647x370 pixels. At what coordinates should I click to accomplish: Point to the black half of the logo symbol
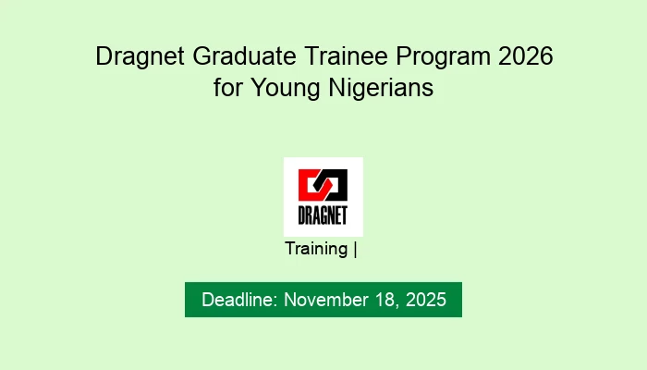coord(335,184)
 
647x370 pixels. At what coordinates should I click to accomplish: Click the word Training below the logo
coord(316,249)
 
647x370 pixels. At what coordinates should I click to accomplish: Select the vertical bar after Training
coord(355,249)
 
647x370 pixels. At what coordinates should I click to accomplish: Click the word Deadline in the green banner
coord(238,300)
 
